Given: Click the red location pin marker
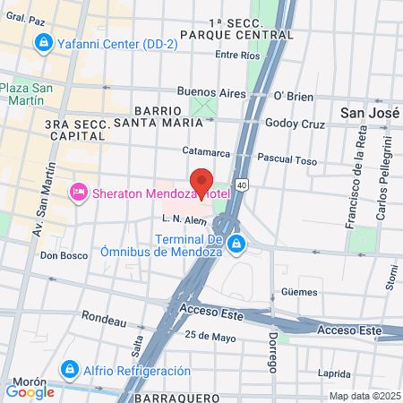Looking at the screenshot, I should click(201, 182).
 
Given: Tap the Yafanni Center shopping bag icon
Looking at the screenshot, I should click(42, 43).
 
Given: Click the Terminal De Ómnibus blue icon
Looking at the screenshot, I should click(236, 244).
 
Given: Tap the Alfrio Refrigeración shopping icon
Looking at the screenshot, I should click(70, 369).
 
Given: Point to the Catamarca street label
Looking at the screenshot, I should click(207, 151).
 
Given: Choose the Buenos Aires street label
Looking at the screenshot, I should click(211, 91).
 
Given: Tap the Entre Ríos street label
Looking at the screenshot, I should click(238, 55).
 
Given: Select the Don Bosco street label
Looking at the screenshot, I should click(62, 255).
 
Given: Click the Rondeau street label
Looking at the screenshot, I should click(99, 316).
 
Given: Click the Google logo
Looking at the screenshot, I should click(30, 391).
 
